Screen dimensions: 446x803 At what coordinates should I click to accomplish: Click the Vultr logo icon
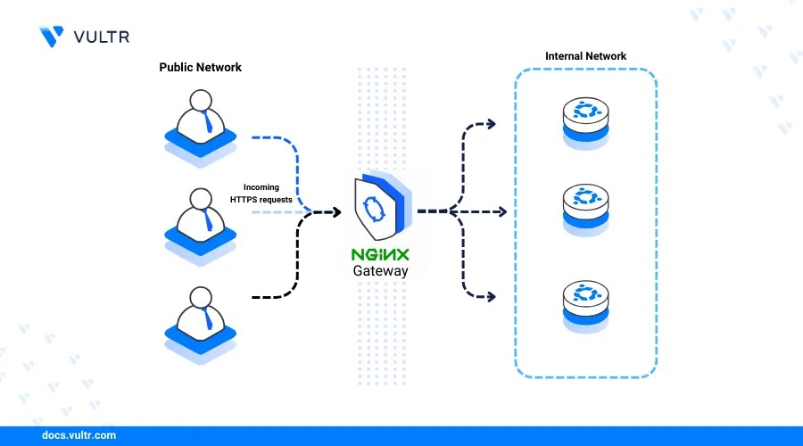(x=52, y=37)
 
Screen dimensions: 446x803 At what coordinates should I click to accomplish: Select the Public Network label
(x=200, y=68)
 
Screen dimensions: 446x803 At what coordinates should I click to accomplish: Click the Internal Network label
(x=585, y=56)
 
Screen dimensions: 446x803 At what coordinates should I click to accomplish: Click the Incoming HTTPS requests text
(x=261, y=194)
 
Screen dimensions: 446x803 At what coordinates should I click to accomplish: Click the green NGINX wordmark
(x=380, y=255)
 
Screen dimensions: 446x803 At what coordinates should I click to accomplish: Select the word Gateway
(x=380, y=271)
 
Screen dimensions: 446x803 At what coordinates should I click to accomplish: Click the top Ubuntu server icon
(x=585, y=123)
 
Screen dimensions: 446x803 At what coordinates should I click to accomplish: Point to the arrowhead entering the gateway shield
(x=337, y=212)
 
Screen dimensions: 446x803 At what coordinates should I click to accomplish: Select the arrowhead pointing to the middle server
(x=502, y=212)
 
